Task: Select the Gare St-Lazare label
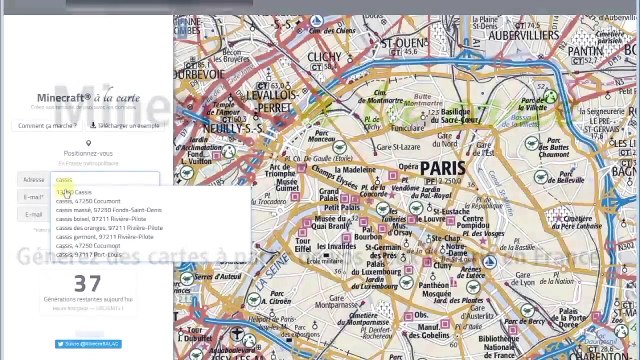coord(395,147)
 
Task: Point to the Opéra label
coord(409,167)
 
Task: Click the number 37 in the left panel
coord(88,283)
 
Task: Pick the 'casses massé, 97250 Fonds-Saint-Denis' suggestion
coord(108,209)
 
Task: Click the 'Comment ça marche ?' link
coord(48,125)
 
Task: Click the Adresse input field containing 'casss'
coord(105,180)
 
